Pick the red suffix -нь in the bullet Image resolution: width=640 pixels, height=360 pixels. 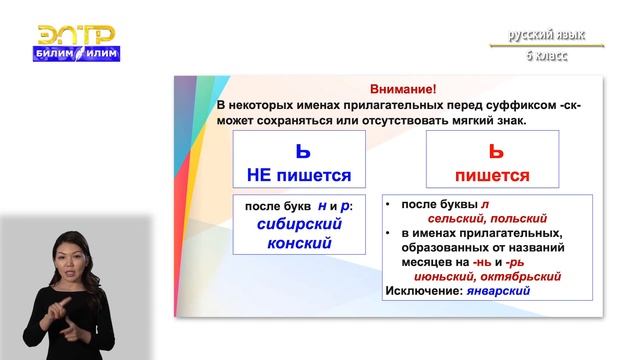[506, 261]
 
